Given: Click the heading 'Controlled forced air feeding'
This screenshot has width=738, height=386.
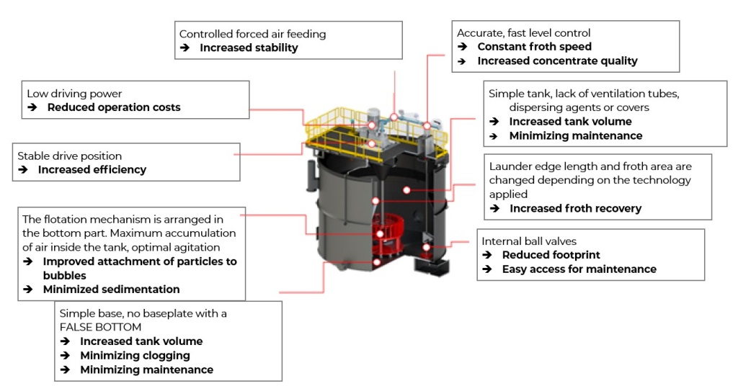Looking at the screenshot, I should [252, 34].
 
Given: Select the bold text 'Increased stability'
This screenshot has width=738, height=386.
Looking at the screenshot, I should [249, 48].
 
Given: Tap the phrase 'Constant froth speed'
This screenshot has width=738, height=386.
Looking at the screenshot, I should [534, 47].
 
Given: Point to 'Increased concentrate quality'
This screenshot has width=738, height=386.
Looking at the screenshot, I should [557, 61].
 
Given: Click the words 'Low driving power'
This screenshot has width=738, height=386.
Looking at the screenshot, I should [74, 94].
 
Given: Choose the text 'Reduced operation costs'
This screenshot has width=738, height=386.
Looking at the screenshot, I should [114, 107].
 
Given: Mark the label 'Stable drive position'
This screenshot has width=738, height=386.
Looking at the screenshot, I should [70, 156].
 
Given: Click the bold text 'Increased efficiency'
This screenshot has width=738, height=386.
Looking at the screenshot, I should [92, 170].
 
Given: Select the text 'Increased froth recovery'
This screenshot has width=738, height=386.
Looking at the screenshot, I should [575, 209].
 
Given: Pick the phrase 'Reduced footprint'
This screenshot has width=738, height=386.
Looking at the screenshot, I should [551, 255].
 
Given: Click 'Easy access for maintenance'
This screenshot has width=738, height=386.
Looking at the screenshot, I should [579, 269].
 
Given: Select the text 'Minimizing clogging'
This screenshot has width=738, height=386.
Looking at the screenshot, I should [135, 355].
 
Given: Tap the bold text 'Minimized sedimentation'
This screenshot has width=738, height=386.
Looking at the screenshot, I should [111, 289].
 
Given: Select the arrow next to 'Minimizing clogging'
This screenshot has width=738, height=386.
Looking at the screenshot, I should [65, 355].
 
